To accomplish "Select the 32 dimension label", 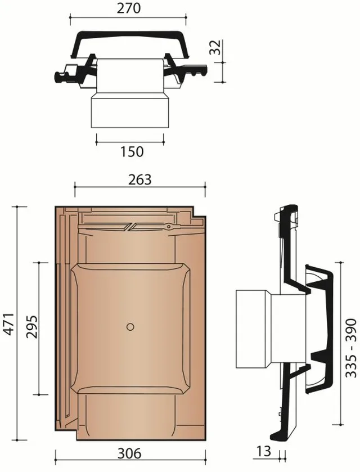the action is (215, 47).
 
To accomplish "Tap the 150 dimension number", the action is (132, 152).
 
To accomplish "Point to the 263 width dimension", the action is (139, 179).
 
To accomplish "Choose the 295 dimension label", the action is (31, 327).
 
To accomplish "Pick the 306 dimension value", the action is (129, 453).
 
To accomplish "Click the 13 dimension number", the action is (264, 451).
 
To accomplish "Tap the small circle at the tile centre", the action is (130, 327).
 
